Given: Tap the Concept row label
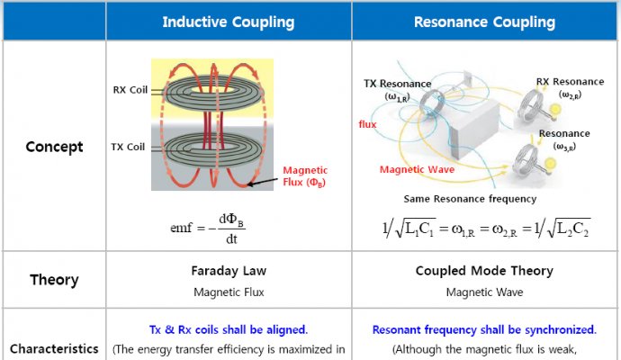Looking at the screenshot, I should coord(54,147).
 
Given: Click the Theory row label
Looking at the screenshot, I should coord(54,279).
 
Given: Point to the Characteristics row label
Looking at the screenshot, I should coord(54,347).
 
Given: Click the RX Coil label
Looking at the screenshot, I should coord(132,89).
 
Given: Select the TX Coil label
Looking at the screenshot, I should coord(132,147).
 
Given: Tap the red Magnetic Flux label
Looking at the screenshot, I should coord(305,175).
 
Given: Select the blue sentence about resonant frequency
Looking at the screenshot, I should coord(484,329).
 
